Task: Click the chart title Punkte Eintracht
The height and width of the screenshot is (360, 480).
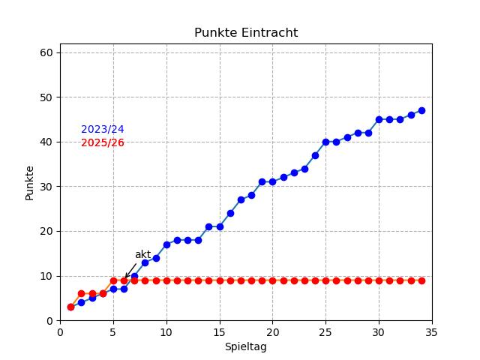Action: coord(246,33)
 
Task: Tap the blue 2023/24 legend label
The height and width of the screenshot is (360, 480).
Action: coord(103,130)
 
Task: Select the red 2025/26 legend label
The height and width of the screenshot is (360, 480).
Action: coord(103,143)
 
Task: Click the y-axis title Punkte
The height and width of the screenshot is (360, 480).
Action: coord(30,182)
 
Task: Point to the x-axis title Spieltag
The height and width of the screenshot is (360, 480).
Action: coord(246,347)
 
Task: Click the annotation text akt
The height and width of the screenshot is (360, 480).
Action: coord(142,254)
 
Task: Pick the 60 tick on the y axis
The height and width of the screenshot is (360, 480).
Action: coord(46,52)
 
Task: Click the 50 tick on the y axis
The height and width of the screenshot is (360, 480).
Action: coord(46,97)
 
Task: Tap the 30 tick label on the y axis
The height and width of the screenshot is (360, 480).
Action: coord(46,187)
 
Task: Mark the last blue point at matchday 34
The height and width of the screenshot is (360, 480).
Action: coord(421,110)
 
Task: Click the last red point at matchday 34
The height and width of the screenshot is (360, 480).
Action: coord(421,280)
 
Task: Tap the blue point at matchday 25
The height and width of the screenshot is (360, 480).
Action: coord(325,142)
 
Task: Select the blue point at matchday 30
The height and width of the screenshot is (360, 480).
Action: coord(379,119)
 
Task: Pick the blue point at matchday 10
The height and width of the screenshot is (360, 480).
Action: coord(166,244)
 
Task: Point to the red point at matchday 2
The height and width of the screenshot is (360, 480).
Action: coord(81,294)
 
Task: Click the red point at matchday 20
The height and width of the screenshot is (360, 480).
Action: coord(273,280)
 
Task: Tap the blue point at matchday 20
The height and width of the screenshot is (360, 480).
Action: coord(273,182)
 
